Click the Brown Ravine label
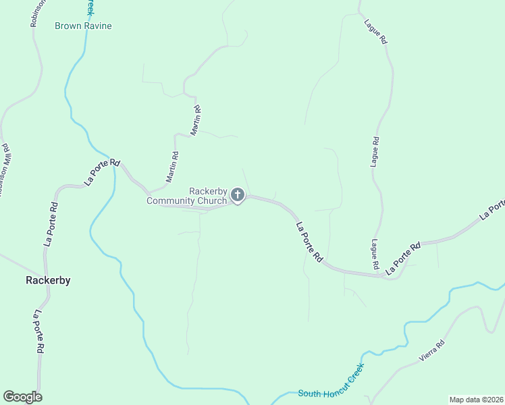click(83, 26)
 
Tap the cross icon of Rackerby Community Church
click(237, 195)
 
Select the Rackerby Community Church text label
click(188, 196)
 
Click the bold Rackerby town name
click(48, 280)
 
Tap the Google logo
click(22, 397)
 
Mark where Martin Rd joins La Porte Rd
click(150, 192)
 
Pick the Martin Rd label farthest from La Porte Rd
click(196, 119)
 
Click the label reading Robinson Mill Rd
click(7, 169)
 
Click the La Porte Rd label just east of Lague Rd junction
click(402, 257)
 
